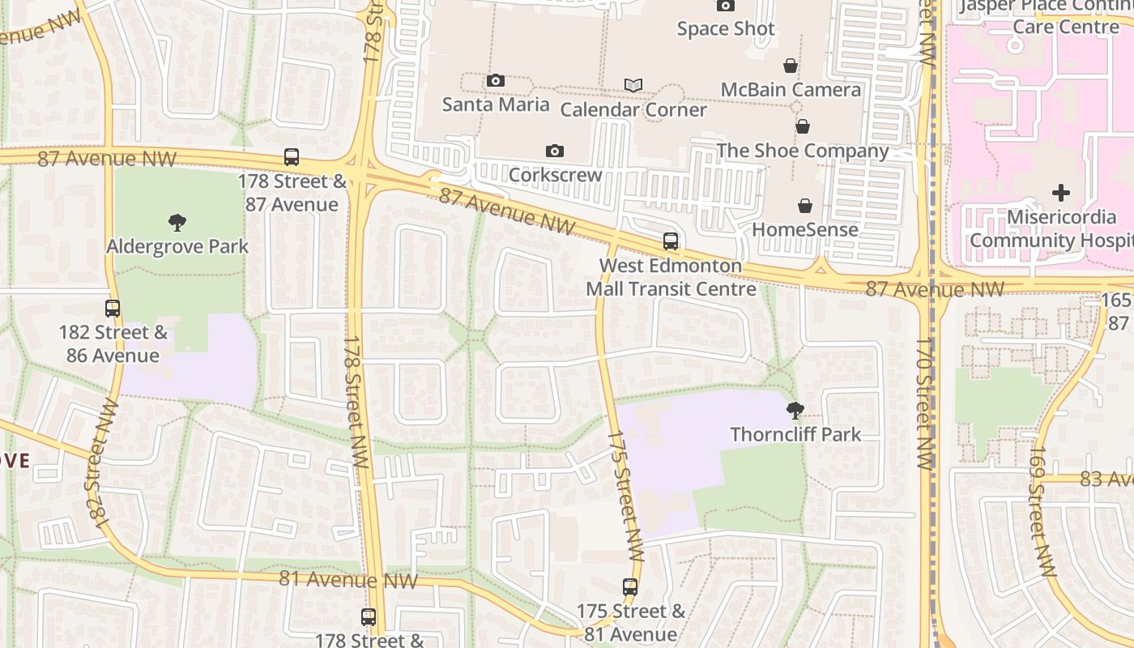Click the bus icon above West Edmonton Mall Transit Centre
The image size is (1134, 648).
click(671, 241)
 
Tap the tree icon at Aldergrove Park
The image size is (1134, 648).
click(177, 223)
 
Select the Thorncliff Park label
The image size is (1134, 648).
click(795, 434)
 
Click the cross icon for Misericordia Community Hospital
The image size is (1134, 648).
click(1060, 193)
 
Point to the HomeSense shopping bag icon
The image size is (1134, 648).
click(805, 206)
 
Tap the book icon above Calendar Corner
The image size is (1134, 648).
click(633, 85)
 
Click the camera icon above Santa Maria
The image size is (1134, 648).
click(496, 80)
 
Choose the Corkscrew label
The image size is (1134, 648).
click(556, 175)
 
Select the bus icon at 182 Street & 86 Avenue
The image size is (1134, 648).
click(113, 309)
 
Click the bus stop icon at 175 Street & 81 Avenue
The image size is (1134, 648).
click(630, 587)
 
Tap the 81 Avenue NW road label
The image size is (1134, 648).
click(348, 580)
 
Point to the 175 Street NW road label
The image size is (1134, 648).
click(625, 497)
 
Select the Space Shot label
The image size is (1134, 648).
click(726, 29)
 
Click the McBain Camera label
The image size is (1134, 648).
click(791, 90)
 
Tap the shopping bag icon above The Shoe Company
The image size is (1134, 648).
click(802, 126)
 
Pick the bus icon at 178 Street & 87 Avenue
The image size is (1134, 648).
click(292, 157)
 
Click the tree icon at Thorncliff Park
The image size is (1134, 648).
click(795, 411)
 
